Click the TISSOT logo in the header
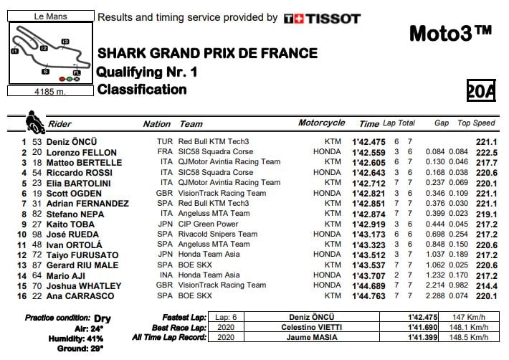point(322,19)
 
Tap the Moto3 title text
point(450,32)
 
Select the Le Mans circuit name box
point(49,14)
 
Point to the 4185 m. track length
point(49,91)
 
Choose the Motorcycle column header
point(321,123)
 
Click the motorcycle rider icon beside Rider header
point(33,122)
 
